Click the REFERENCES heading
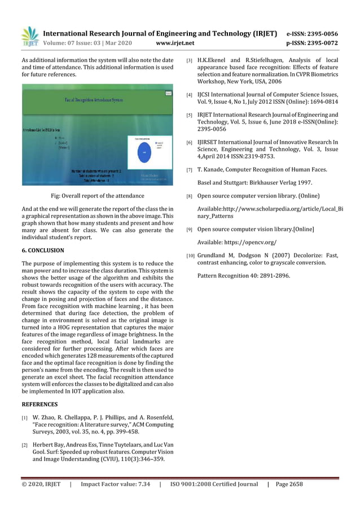point(39,404)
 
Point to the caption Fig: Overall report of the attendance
point(98,196)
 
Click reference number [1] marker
point(25,418)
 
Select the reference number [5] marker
point(190,115)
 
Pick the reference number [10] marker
point(190,256)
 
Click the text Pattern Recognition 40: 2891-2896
point(244,275)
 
